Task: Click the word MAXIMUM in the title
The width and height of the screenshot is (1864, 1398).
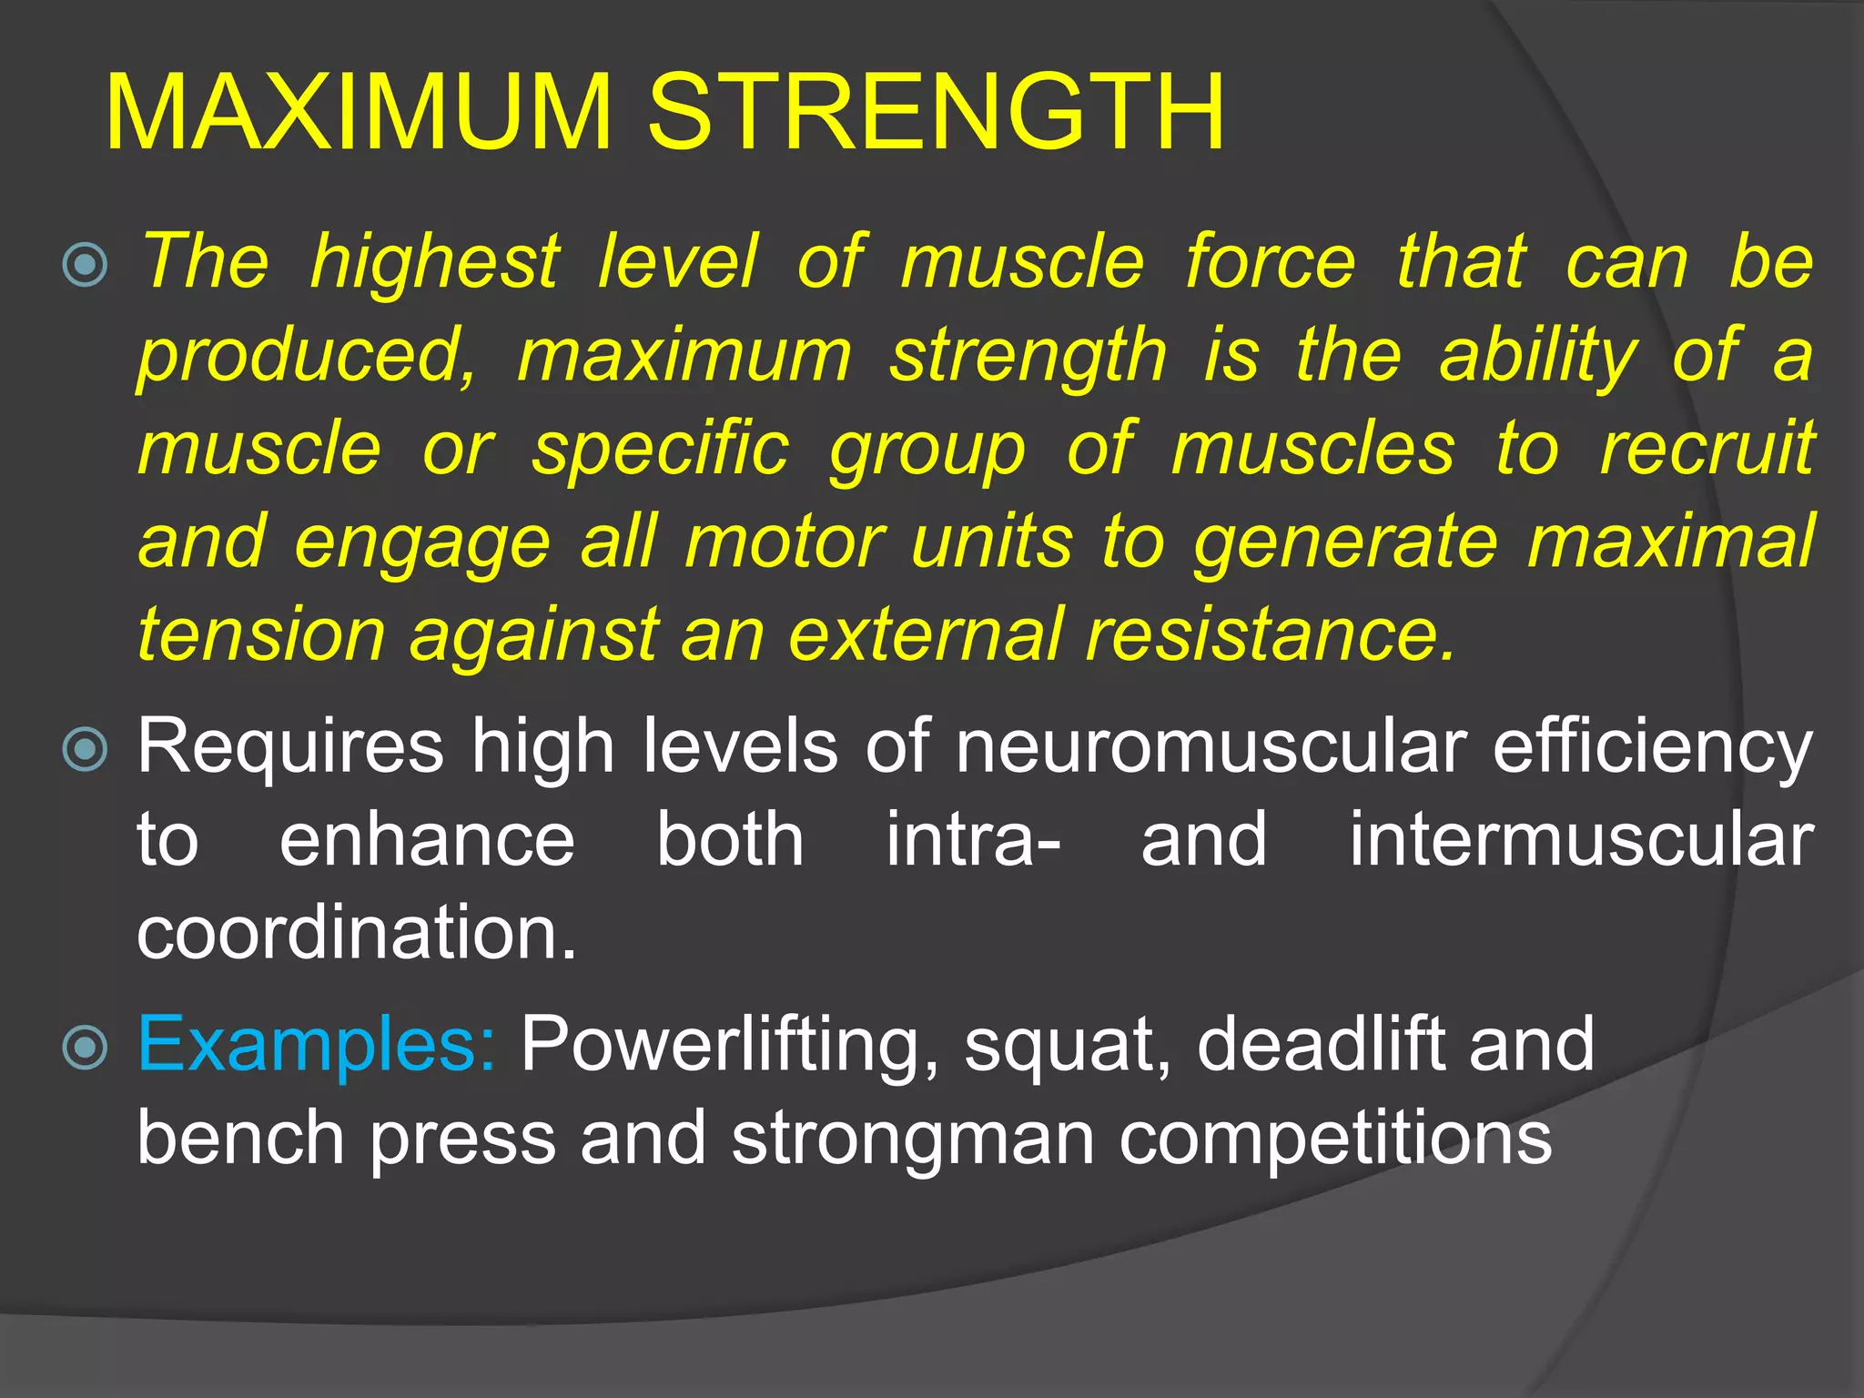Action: pyautogui.click(x=359, y=113)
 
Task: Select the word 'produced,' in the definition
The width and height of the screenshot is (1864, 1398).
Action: pyautogui.click(x=308, y=357)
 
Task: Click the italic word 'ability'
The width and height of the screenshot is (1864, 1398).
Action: pyautogui.click(x=1538, y=357)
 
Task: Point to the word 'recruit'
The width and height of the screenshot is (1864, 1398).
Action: pyautogui.click(x=1707, y=450)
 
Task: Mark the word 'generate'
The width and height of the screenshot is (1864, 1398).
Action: pyautogui.click(x=1345, y=544)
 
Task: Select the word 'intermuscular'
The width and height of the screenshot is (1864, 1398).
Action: pyautogui.click(x=1581, y=841)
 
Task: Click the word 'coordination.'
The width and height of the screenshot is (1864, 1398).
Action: pyautogui.click(x=357, y=934)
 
